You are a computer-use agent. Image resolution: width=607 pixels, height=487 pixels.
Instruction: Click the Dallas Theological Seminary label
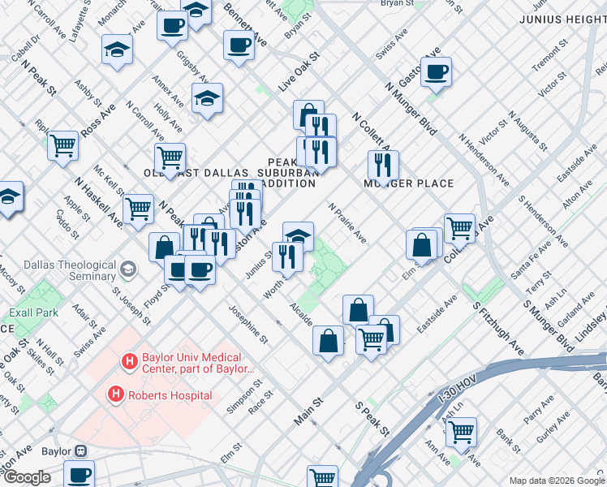coord(58,270)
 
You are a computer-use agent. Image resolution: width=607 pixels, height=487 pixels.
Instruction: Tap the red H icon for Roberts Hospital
coord(116,395)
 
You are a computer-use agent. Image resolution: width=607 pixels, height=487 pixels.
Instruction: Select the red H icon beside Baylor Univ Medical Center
coord(127,361)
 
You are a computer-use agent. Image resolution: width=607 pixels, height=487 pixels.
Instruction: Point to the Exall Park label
coord(33,312)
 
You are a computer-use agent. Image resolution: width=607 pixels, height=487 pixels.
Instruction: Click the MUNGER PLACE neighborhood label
coord(407,183)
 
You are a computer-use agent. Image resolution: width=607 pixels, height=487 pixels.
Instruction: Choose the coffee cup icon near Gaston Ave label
coord(436,71)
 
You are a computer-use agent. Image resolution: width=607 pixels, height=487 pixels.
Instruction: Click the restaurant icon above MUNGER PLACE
coord(382,165)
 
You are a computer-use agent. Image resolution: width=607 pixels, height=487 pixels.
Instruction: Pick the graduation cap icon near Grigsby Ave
coord(207,98)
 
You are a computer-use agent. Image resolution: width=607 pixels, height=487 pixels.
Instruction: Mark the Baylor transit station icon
coord(80,450)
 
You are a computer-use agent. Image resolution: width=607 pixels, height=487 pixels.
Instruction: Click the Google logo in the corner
coord(26,477)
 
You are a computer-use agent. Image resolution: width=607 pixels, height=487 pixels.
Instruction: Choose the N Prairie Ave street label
coord(347,223)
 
